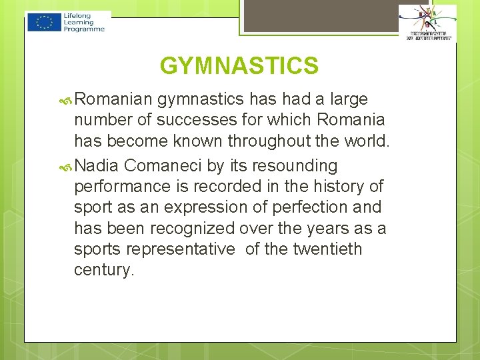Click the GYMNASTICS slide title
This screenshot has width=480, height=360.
pos(239,66)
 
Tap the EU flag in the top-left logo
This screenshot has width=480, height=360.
pos(45,22)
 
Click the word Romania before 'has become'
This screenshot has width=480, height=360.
pos(351,120)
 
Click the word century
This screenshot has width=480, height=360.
pos(104,270)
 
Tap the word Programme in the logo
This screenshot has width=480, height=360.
pos(85,29)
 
